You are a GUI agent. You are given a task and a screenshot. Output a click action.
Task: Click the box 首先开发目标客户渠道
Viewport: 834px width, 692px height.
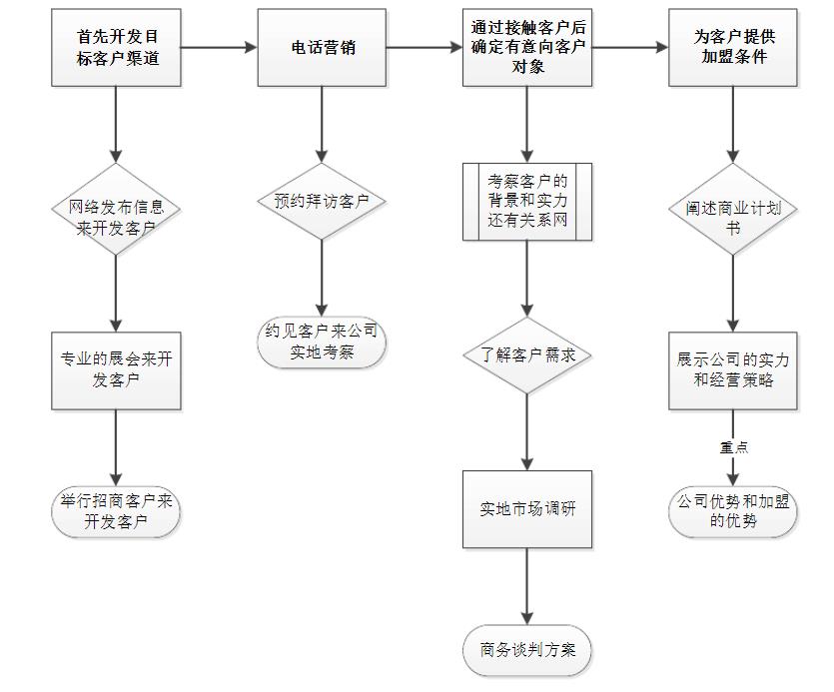(117, 47)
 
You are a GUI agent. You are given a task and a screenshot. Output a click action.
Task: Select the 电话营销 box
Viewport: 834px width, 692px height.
(322, 47)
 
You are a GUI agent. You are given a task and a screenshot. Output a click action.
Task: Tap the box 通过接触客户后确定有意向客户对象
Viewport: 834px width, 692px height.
(527, 47)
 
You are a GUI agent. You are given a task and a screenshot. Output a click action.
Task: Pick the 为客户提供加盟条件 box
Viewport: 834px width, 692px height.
(733, 47)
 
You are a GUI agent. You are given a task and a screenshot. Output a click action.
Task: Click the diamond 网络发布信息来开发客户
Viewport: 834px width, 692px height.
(117, 217)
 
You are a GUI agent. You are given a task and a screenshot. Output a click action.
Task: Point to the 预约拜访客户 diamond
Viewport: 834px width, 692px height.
(322, 201)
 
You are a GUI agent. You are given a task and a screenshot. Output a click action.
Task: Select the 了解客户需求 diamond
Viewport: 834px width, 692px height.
(527, 355)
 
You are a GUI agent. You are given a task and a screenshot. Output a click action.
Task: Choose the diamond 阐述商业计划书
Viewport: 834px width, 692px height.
(733, 218)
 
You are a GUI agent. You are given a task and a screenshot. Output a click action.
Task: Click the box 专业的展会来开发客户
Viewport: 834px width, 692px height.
(117, 369)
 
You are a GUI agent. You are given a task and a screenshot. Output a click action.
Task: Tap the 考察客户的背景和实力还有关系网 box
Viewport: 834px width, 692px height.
(527, 202)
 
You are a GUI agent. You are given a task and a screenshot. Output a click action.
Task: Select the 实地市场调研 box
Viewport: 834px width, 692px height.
(527, 508)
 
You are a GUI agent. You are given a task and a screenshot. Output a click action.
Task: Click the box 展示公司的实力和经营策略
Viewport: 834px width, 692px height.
(733, 369)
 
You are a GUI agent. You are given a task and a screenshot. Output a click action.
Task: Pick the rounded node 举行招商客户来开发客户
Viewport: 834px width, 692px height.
(117, 511)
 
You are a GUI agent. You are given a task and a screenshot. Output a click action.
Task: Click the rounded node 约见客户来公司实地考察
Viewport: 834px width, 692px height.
(322, 342)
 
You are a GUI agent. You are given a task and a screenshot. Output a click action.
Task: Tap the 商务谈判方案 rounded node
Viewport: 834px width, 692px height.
(527, 650)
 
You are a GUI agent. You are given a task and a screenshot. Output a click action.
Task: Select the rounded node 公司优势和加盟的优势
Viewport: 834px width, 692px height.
(733, 511)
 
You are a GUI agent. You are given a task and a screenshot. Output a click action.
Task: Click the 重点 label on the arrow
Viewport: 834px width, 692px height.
(734, 446)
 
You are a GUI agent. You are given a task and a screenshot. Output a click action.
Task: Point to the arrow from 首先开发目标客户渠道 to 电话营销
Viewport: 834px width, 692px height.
(219, 47)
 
